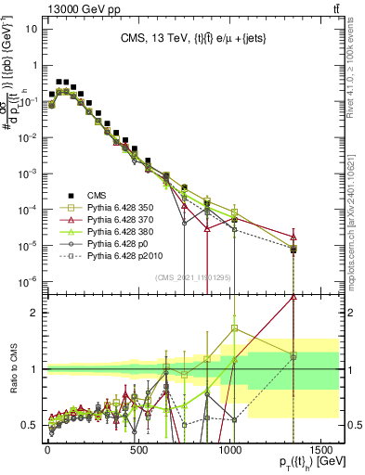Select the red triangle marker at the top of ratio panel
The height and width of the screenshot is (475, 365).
pyautogui.click(x=293, y=297)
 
